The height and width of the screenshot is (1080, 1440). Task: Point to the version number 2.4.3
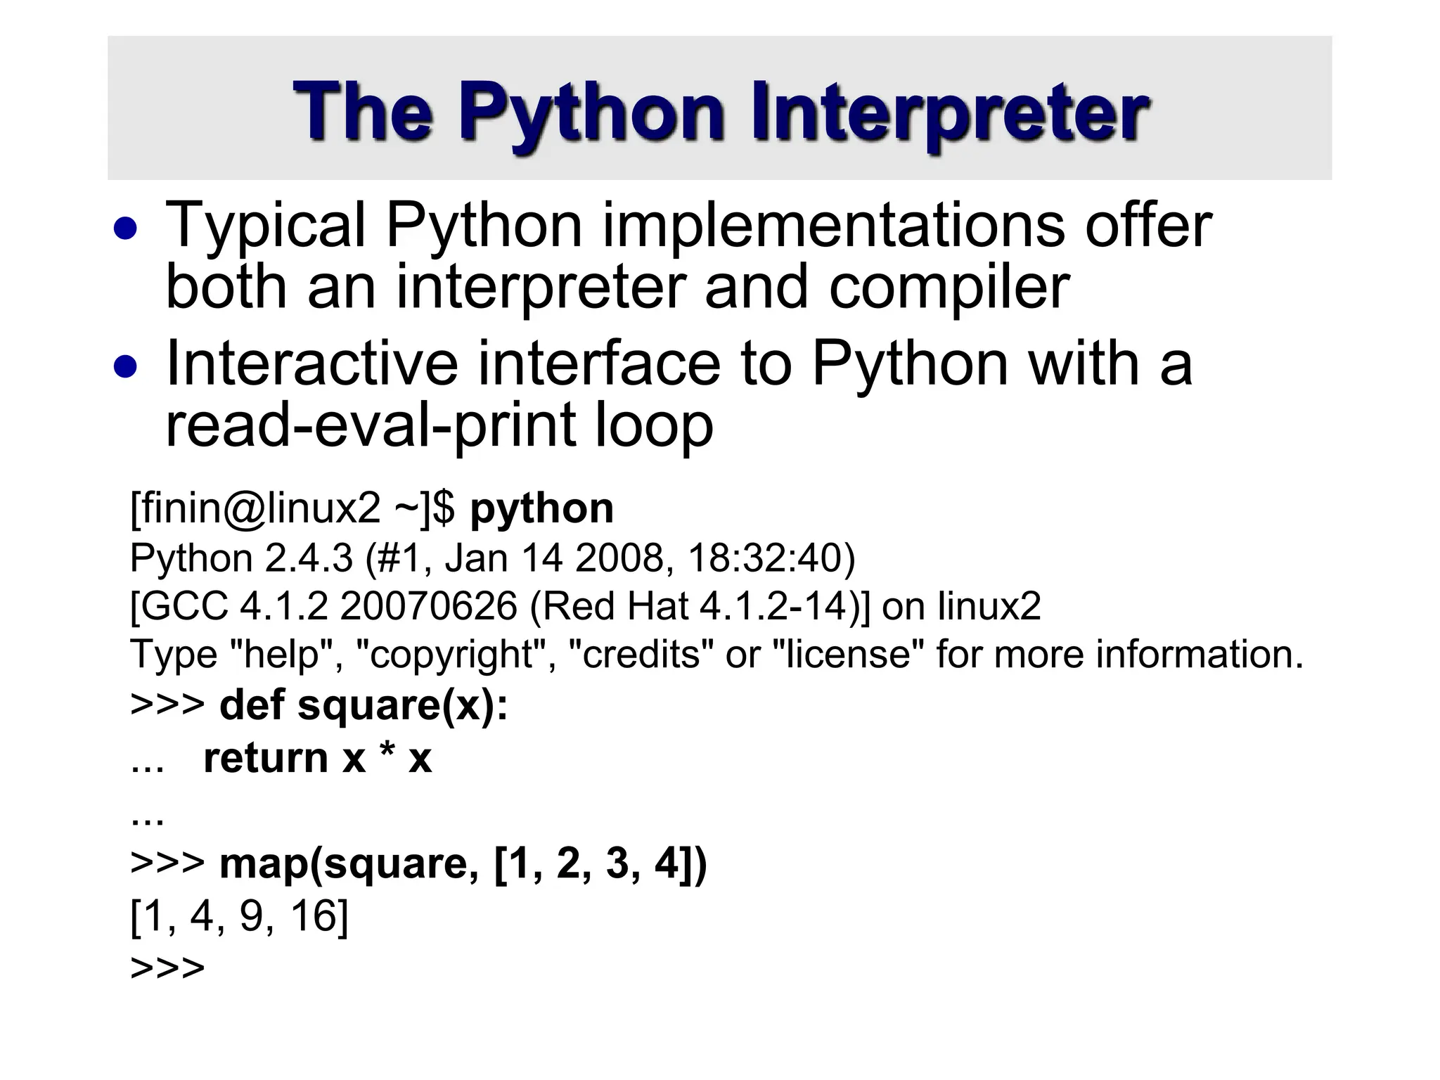click(309, 558)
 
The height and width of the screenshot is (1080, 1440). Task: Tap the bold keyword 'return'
click(266, 758)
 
